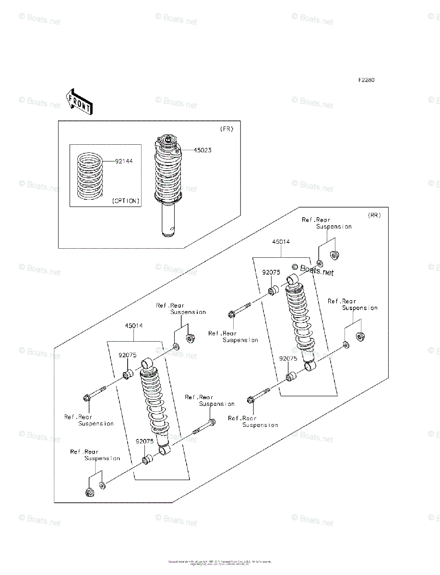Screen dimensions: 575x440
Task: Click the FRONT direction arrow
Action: (79, 101)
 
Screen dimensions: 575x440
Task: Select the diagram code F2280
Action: (365, 80)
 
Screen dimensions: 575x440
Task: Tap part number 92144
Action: (124, 161)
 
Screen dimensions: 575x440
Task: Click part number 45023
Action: (202, 150)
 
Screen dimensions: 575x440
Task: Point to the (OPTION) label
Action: (126, 201)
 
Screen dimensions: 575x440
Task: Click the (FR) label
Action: (226, 129)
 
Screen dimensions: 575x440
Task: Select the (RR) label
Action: (374, 215)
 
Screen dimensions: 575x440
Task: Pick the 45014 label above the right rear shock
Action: (281, 242)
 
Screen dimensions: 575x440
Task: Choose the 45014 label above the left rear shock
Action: (134, 326)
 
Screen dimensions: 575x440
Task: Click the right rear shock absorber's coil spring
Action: (300, 314)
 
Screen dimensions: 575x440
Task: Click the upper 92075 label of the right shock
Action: (271, 272)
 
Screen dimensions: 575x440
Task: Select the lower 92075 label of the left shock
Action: (144, 441)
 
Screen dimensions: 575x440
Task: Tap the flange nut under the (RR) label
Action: (334, 255)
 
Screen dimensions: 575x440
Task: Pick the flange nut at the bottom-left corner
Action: (89, 492)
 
